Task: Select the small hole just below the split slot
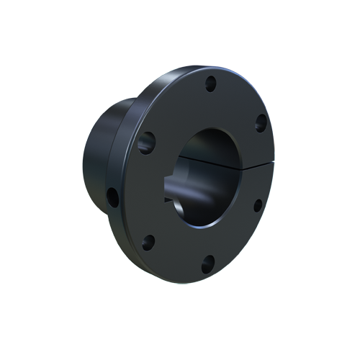(x=257, y=205)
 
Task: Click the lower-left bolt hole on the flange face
(x=148, y=242)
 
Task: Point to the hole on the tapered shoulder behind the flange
(x=113, y=196)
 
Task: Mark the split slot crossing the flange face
(x=256, y=163)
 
